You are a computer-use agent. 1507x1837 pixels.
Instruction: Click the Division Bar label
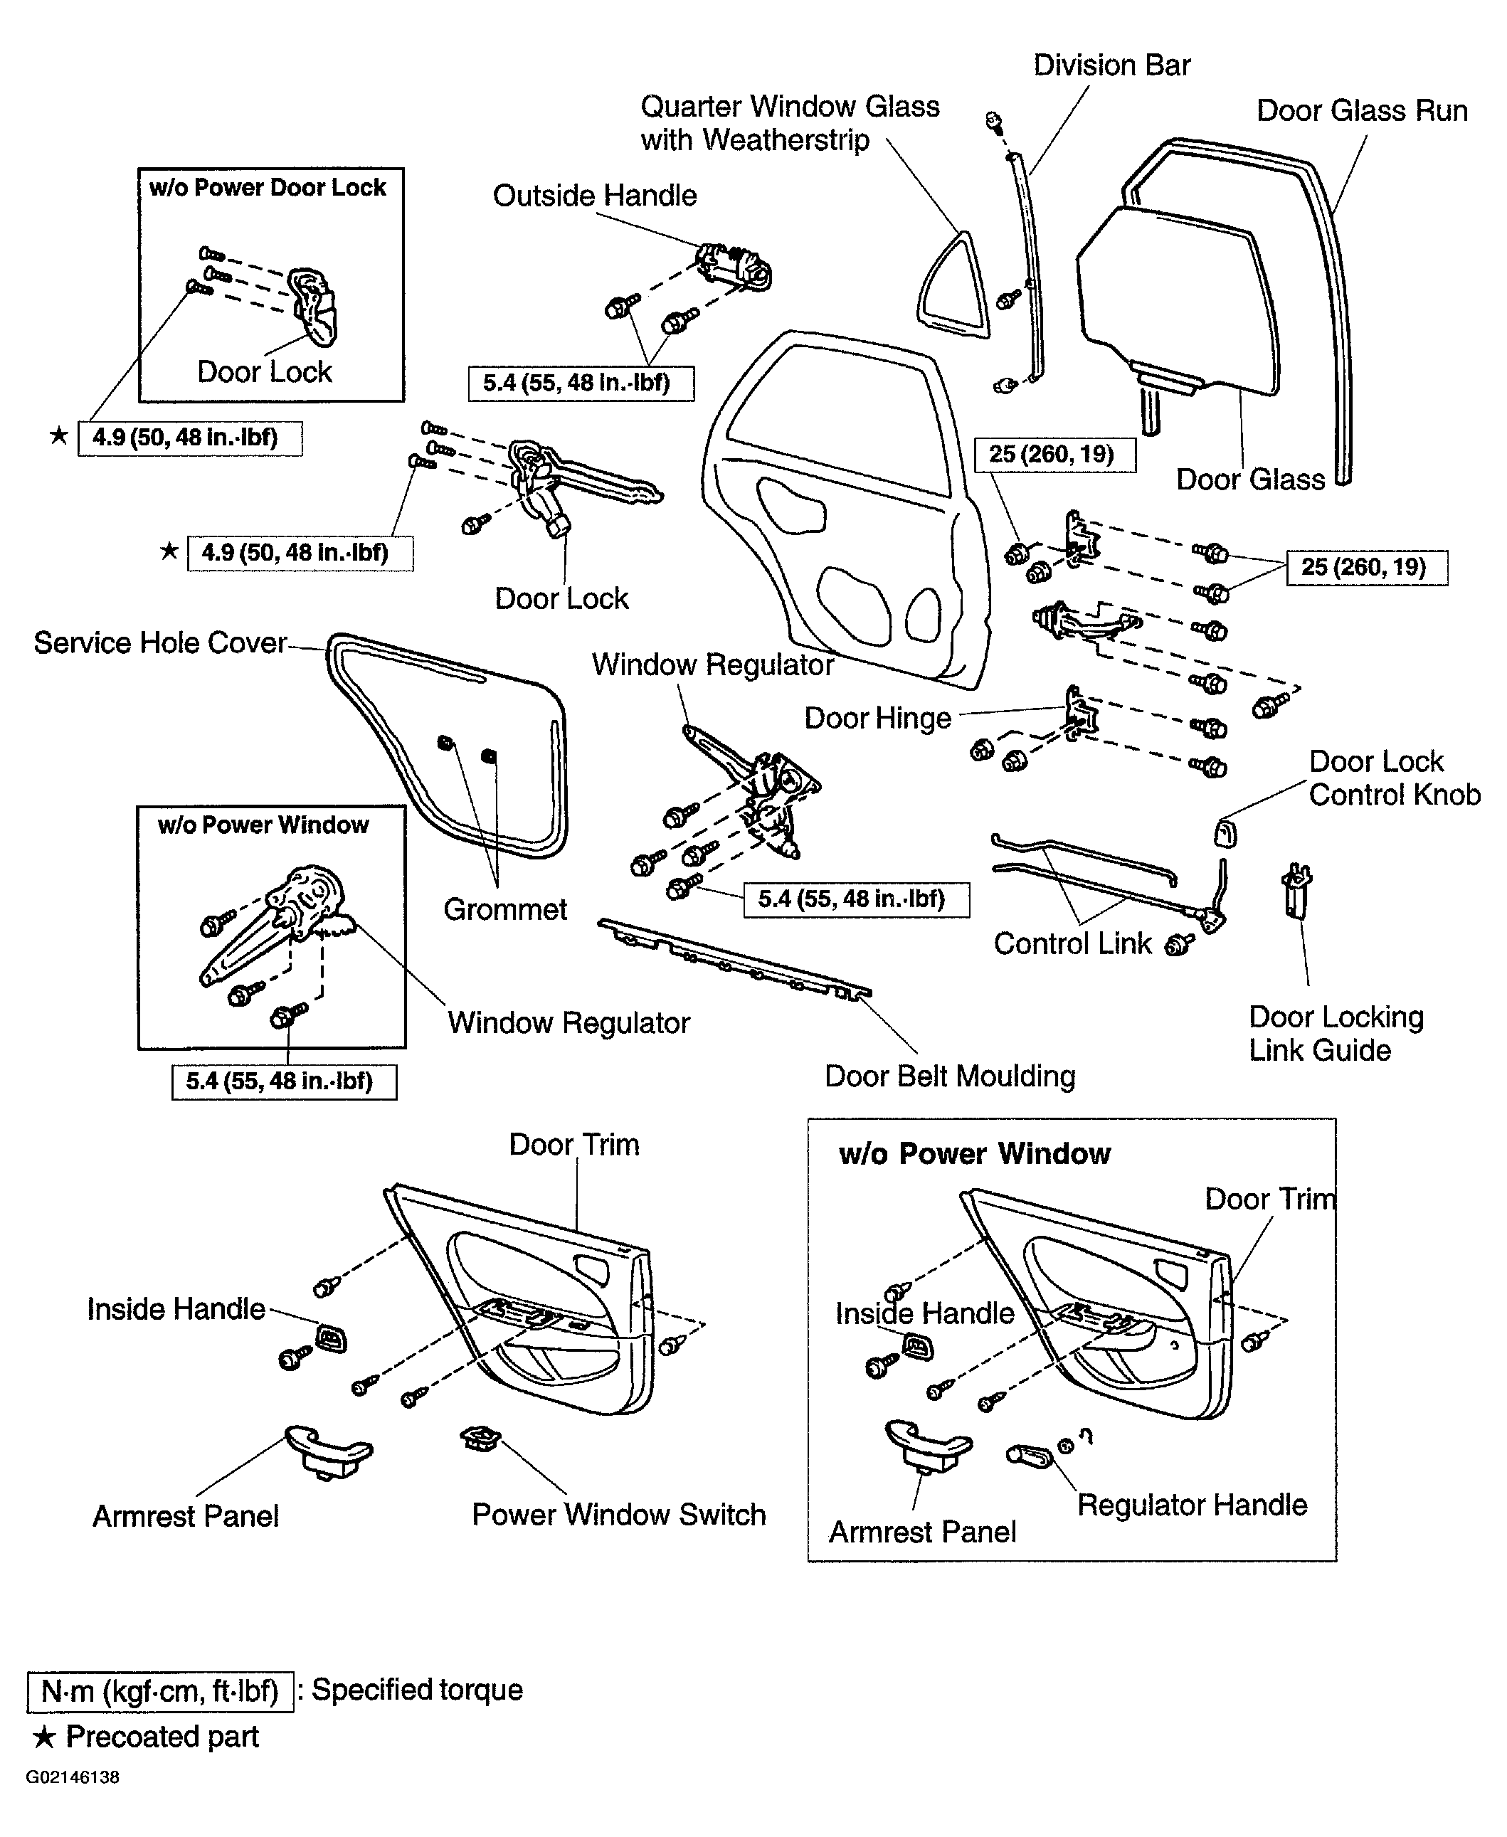[x=1111, y=65]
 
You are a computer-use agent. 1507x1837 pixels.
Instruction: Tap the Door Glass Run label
[x=1362, y=111]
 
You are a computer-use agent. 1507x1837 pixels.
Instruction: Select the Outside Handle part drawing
[x=734, y=265]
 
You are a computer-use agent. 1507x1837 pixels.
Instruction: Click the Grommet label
[x=504, y=909]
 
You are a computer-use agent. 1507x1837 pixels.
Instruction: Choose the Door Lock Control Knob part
[x=1225, y=832]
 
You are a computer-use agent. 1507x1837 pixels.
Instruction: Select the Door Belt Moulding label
[x=950, y=1076]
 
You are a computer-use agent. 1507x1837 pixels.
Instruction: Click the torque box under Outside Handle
[x=581, y=383]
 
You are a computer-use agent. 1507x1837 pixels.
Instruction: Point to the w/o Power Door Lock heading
[x=268, y=188]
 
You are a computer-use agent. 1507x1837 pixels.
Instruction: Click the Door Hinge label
[x=877, y=718]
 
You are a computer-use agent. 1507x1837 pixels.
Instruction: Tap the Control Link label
[x=1072, y=943]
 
